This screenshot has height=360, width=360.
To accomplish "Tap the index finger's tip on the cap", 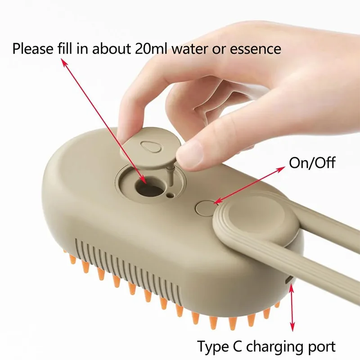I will pyautogui.click(x=128, y=135).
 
